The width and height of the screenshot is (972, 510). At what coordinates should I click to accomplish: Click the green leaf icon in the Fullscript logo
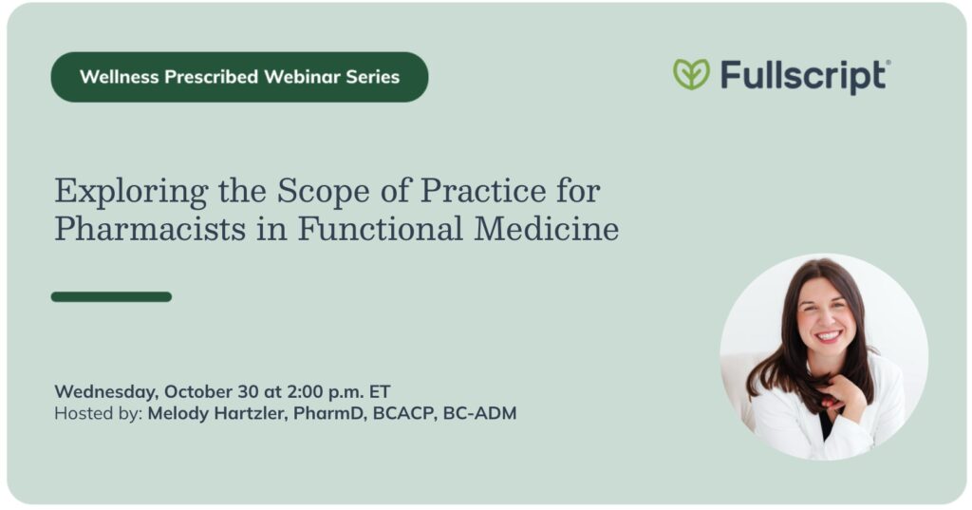point(691,74)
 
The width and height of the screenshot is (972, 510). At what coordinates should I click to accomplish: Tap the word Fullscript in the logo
point(803,77)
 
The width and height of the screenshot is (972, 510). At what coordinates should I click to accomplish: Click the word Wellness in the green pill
point(120,77)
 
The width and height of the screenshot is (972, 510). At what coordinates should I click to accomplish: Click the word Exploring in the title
point(131,192)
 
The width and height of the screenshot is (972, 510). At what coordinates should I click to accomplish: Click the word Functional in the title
point(380,229)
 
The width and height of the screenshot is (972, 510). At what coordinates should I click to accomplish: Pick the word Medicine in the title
point(547,229)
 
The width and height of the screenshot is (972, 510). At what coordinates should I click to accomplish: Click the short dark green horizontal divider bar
point(112,297)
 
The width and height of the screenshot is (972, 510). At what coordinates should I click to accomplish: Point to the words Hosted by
point(99,414)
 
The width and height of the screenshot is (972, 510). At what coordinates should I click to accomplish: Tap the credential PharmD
point(329,414)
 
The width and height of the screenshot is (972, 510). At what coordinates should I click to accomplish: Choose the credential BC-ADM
point(479,414)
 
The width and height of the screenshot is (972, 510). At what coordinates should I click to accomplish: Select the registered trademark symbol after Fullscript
point(888,63)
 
